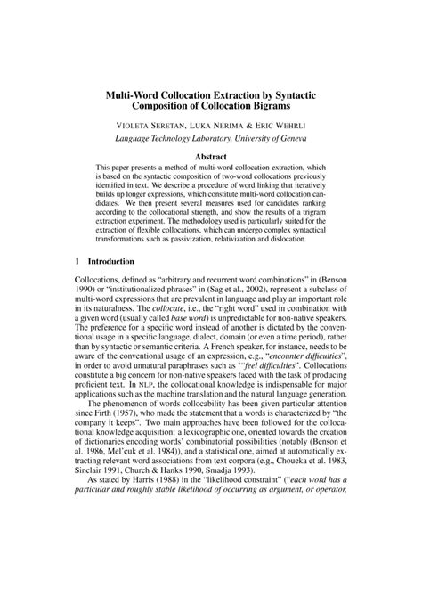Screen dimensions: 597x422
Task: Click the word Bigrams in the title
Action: point(286,108)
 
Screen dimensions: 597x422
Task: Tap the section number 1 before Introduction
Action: point(77,262)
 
